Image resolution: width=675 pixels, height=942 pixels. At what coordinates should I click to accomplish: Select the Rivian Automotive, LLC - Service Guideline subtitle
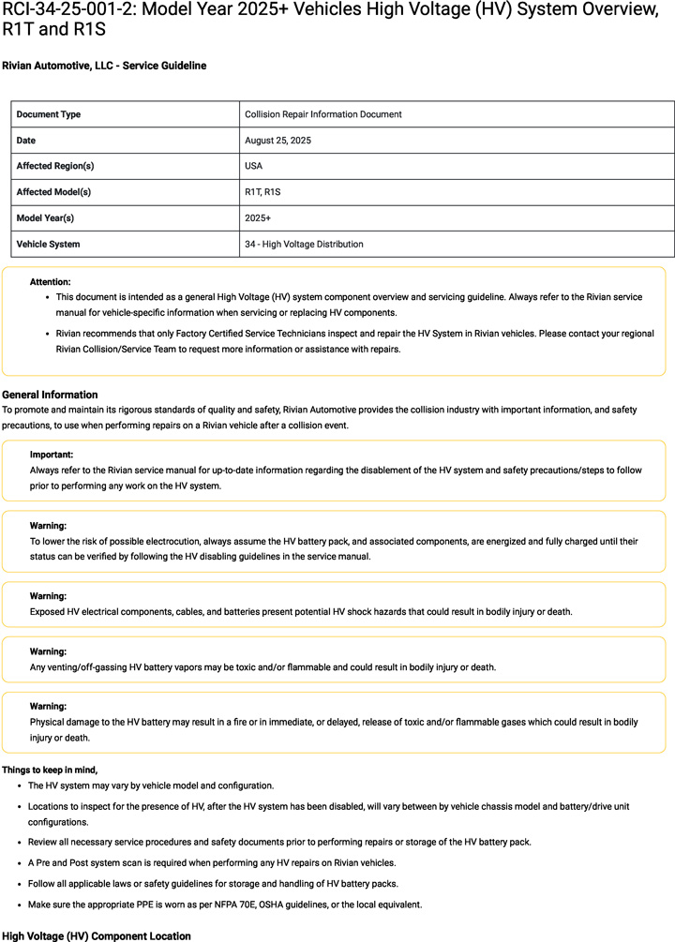click(x=104, y=66)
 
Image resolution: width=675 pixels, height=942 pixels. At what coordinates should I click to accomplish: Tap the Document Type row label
click(x=49, y=114)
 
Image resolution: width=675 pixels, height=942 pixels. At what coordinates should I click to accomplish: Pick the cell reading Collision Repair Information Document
click(x=322, y=114)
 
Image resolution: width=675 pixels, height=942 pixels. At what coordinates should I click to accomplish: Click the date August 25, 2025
click(x=277, y=141)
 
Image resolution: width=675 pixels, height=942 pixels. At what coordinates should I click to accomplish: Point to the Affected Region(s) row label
click(x=55, y=166)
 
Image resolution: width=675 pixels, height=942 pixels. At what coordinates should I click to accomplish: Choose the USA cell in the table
click(x=254, y=166)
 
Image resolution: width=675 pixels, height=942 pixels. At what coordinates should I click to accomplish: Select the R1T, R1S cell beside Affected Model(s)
click(x=262, y=192)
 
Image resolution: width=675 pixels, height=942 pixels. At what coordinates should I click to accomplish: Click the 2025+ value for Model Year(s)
click(x=258, y=218)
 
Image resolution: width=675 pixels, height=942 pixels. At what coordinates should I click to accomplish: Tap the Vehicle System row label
click(x=48, y=245)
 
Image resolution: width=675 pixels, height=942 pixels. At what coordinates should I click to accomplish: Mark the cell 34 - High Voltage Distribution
click(x=304, y=245)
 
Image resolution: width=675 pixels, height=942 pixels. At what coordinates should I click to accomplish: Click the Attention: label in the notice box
click(x=50, y=281)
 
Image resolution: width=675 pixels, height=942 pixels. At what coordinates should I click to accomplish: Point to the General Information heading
click(x=50, y=395)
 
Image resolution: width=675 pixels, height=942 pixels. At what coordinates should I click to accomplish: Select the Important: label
click(x=52, y=455)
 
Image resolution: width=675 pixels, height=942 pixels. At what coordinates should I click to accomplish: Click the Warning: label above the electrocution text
click(x=48, y=526)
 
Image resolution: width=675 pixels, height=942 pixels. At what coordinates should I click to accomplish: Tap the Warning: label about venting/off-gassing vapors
click(x=48, y=651)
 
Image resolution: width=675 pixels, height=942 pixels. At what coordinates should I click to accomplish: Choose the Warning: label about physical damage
click(x=48, y=707)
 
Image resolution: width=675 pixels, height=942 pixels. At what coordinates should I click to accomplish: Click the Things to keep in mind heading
click(x=50, y=770)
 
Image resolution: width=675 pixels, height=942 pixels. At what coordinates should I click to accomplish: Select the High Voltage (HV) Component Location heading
click(x=96, y=935)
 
